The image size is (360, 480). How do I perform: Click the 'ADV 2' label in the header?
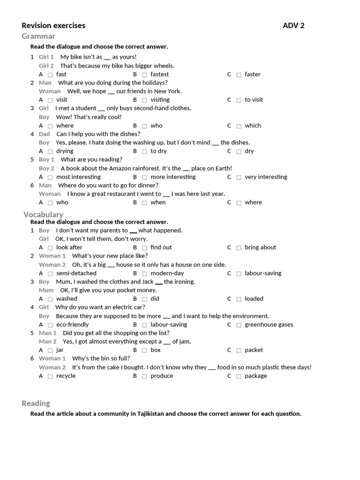(x=293, y=26)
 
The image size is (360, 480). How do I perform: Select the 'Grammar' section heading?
(x=38, y=37)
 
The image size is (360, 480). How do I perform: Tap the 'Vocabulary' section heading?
(x=43, y=215)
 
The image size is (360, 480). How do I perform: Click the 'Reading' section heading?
(x=36, y=403)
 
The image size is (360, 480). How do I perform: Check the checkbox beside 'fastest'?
(x=144, y=75)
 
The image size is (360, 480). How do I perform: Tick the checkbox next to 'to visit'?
(x=239, y=100)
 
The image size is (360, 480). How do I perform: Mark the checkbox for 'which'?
(x=239, y=126)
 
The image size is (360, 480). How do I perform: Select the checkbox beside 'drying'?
(x=50, y=151)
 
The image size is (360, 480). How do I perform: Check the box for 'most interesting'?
(x=50, y=177)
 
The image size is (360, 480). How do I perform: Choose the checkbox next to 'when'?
(x=144, y=202)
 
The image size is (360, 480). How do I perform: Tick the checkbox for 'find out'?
(x=144, y=247)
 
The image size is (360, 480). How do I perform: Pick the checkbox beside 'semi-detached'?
(x=50, y=273)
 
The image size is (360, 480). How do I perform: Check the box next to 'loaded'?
(x=239, y=299)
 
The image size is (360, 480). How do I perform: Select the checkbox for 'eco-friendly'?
(x=50, y=325)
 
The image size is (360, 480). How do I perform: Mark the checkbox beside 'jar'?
(x=50, y=350)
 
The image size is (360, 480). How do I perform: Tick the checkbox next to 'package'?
(x=239, y=376)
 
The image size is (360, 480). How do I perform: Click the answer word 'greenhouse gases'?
(x=269, y=324)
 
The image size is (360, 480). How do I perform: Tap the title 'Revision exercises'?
(x=53, y=26)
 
